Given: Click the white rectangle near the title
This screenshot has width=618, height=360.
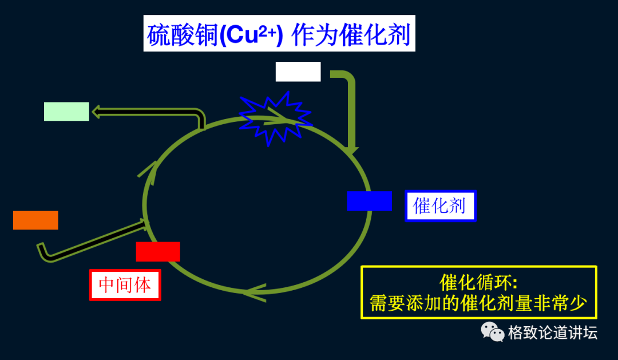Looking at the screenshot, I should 298,72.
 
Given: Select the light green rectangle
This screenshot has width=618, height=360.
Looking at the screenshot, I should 66,112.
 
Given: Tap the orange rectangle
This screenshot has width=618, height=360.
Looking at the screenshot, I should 35,220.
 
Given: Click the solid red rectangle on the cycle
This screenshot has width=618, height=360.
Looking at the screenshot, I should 158,252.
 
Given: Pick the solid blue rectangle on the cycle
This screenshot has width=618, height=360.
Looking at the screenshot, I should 369,201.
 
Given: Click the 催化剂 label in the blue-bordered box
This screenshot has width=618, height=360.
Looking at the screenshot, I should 440,205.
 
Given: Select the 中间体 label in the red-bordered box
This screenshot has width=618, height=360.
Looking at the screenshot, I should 125,284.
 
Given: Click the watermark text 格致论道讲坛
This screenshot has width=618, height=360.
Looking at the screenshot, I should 553,333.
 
